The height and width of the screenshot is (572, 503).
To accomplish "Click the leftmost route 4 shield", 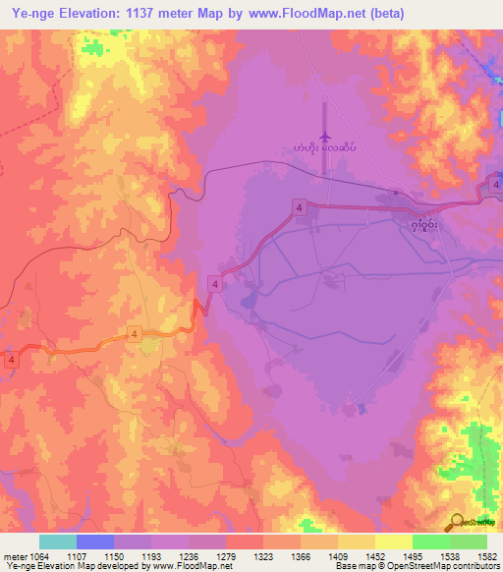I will point(12,361).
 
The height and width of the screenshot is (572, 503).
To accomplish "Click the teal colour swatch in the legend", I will point(57,542).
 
